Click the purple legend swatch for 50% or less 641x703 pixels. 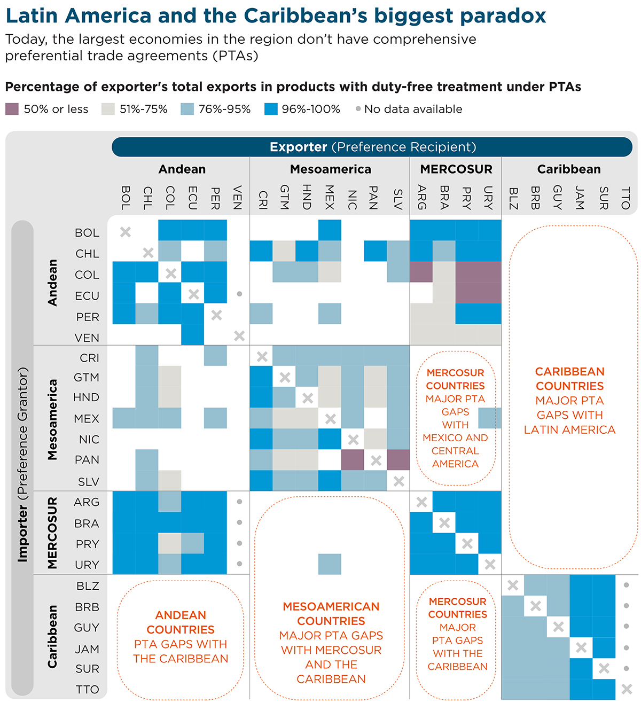click(x=12, y=109)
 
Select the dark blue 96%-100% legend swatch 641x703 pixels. click(x=271, y=109)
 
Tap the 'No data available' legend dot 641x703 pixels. click(x=358, y=109)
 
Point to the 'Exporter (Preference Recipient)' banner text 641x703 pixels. click(x=372, y=147)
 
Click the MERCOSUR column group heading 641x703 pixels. click(x=456, y=169)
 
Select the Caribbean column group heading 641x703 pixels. click(x=569, y=169)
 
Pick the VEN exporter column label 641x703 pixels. click(x=238, y=197)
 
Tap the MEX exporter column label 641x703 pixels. click(x=330, y=197)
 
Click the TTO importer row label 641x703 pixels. click(x=87, y=690)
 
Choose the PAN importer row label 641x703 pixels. click(x=87, y=460)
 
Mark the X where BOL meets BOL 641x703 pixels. click(x=125, y=232)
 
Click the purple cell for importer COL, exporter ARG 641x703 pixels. click(x=421, y=271)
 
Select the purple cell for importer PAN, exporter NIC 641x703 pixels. click(x=353, y=460)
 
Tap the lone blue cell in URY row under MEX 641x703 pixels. click(x=330, y=564)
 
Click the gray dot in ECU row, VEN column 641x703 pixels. click(x=239, y=294)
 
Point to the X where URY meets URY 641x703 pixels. click(x=490, y=564)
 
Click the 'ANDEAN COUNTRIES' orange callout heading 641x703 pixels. click(x=181, y=622)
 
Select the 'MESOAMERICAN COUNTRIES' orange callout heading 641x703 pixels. click(x=331, y=614)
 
